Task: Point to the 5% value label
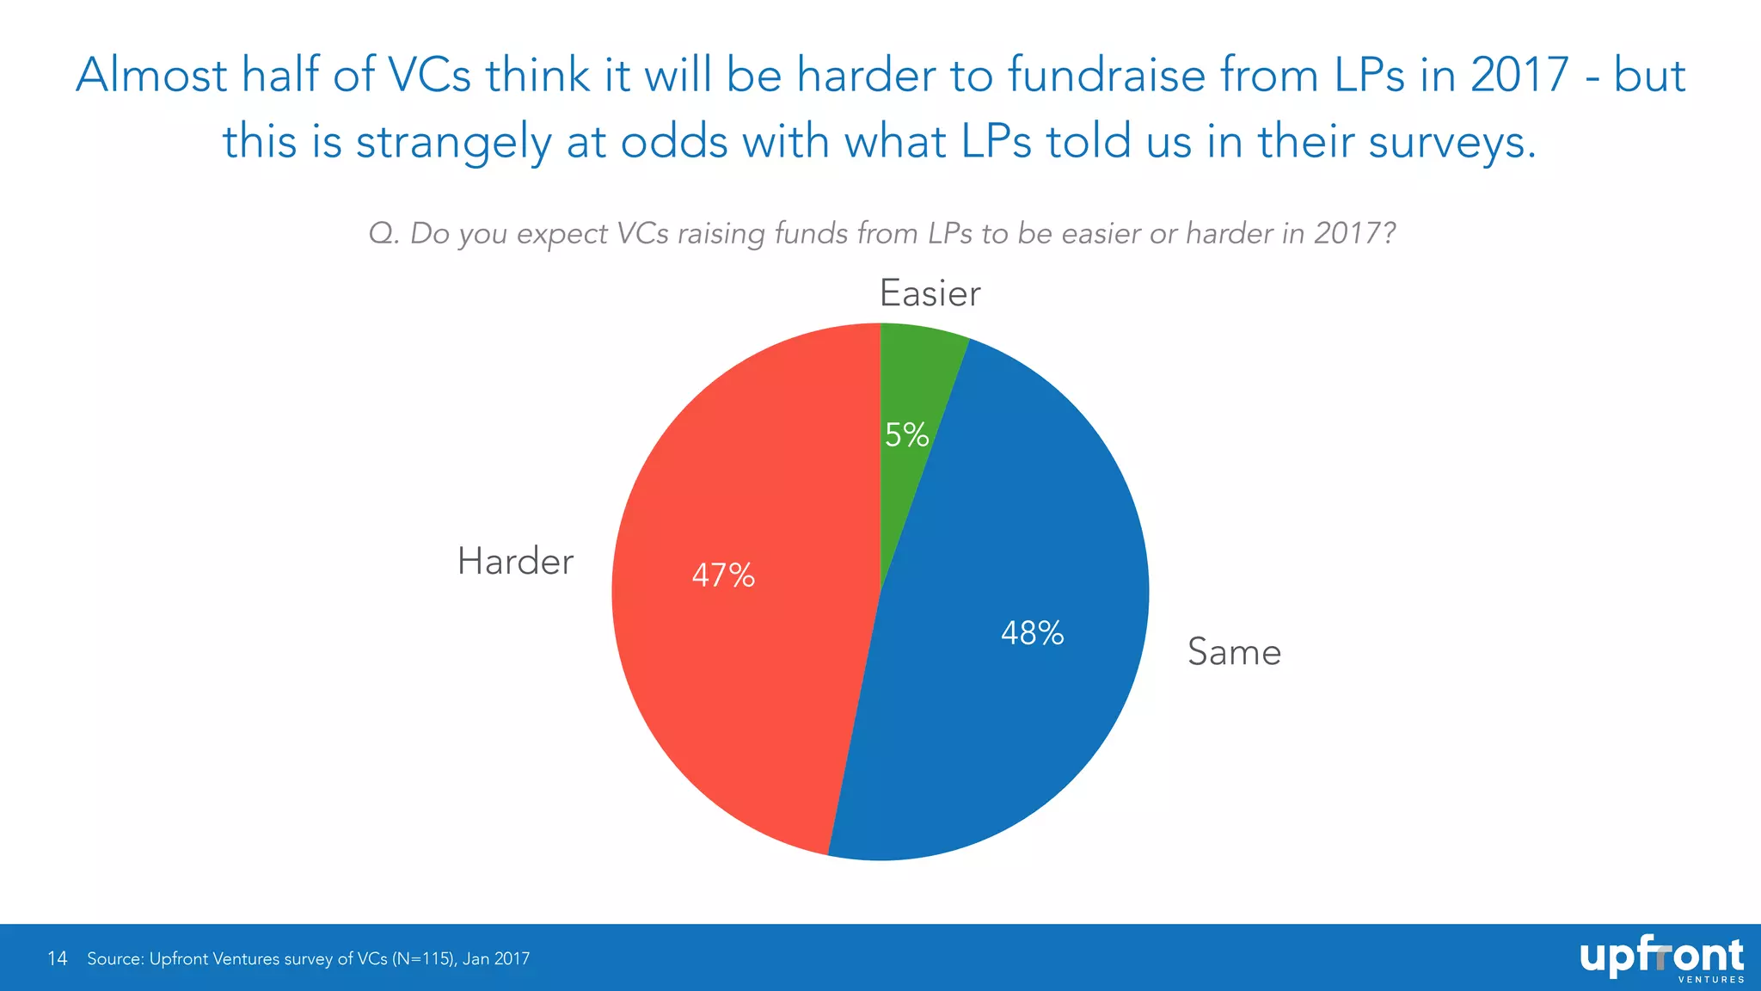pos(906,435)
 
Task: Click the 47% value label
pos(723,576)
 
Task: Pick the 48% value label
pos(1032,634)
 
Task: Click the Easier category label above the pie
pos(930,294)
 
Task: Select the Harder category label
pos(515,562)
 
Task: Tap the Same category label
pos(1234,652)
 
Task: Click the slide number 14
pos(57,958)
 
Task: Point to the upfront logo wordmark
pos(1660,956)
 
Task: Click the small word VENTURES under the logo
pos(1711,980)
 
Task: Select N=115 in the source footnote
pos(422,958)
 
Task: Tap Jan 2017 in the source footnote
pos(496,958)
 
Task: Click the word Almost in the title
pos(151,75)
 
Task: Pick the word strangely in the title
pos(453,142)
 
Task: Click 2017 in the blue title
pos(1519,75)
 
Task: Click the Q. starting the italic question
pos(383,234)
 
